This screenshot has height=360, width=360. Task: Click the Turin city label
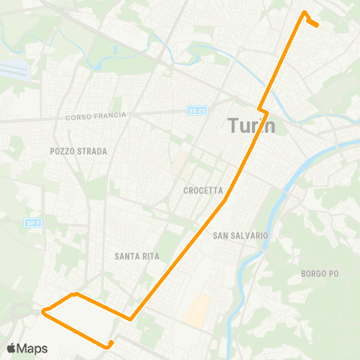[251, 125]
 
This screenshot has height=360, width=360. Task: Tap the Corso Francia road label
[97, 116]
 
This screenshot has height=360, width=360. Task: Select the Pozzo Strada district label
[79, 151]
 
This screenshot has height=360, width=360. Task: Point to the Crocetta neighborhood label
[200, 190]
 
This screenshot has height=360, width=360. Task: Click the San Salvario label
[240, 235]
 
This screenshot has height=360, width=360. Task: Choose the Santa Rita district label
[135, 256]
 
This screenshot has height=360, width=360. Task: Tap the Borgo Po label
[319, 273]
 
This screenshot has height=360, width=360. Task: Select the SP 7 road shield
[32, 223]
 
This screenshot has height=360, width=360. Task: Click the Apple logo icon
[10, 348]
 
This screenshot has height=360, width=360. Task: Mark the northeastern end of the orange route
[318, 25]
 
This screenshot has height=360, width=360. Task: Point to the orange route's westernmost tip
[43, 310]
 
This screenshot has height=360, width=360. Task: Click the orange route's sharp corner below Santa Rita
[131, 319]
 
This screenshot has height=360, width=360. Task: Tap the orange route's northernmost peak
[304, 11]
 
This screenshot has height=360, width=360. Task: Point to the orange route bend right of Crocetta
[225, 200]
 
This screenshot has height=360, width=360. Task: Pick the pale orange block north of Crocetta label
[180, 161]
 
